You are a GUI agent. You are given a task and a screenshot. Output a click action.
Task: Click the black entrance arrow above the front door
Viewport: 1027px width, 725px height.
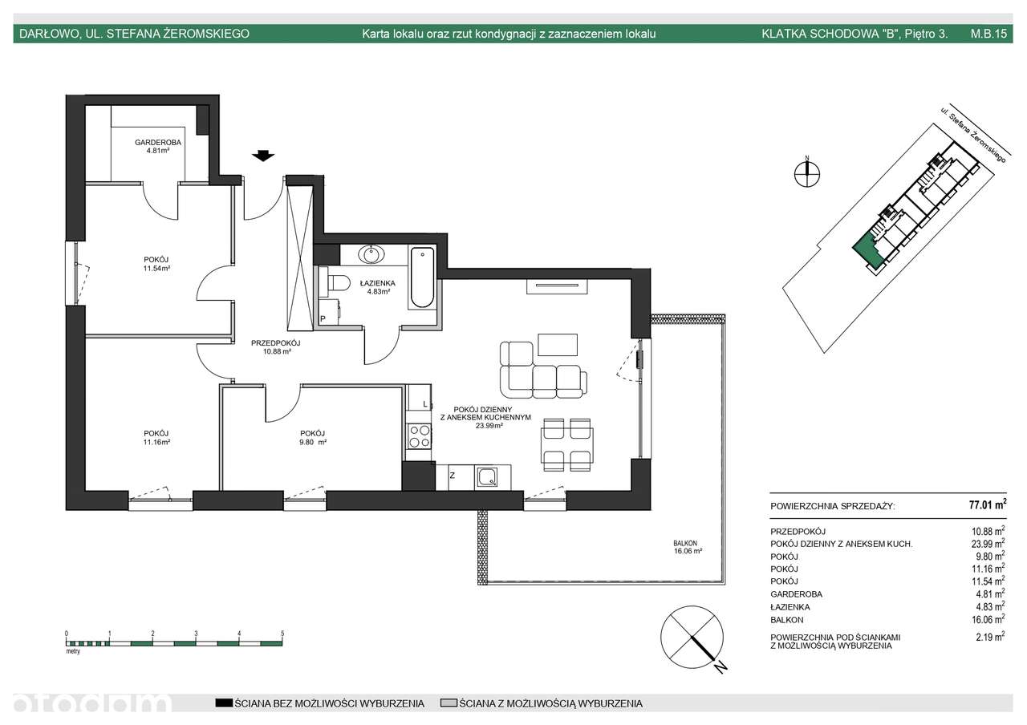263,156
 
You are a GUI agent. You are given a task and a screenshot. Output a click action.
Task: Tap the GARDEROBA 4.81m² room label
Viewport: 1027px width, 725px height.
158,146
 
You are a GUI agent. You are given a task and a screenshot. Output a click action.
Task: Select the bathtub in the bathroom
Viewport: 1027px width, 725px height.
422,277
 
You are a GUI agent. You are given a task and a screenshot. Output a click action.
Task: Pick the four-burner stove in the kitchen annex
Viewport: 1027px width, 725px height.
420,435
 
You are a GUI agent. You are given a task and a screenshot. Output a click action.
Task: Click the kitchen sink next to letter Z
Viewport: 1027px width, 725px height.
487,477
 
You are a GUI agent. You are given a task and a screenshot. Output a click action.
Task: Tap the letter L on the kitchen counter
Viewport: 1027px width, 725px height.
425,404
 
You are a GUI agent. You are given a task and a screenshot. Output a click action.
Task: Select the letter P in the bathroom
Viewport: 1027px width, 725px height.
323,319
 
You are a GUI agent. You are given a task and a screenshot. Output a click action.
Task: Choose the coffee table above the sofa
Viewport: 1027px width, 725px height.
558,344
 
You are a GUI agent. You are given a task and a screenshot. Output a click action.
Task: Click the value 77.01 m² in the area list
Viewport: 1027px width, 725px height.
988,504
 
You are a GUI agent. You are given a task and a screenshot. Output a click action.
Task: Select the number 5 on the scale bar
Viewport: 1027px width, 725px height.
282,634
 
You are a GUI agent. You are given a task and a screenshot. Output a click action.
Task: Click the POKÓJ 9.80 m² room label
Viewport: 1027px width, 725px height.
313,438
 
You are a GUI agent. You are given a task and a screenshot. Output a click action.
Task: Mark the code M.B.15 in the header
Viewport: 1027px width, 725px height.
988,34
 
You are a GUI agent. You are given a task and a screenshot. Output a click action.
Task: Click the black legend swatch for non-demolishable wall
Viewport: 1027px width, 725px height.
224,703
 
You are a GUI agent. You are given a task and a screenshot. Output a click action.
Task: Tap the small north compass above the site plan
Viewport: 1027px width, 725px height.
807,174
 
